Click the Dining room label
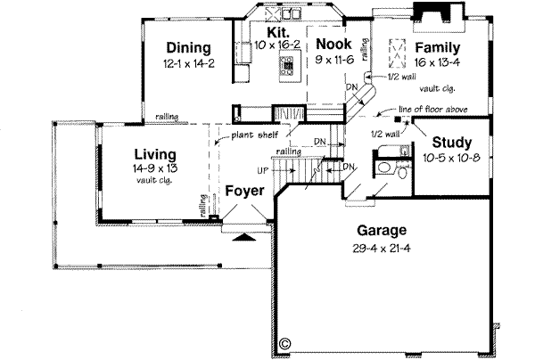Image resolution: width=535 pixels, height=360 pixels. click(x=187, y=48)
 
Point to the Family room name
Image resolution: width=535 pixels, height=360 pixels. click(x=436, y=48)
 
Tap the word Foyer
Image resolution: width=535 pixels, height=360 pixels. click(x=243, y=191)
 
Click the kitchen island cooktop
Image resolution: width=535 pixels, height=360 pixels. click(x=288, y=65)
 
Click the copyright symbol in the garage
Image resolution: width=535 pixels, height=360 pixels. click(x=284, y=341)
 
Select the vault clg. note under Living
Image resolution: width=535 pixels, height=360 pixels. click(x=153, y=179)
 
